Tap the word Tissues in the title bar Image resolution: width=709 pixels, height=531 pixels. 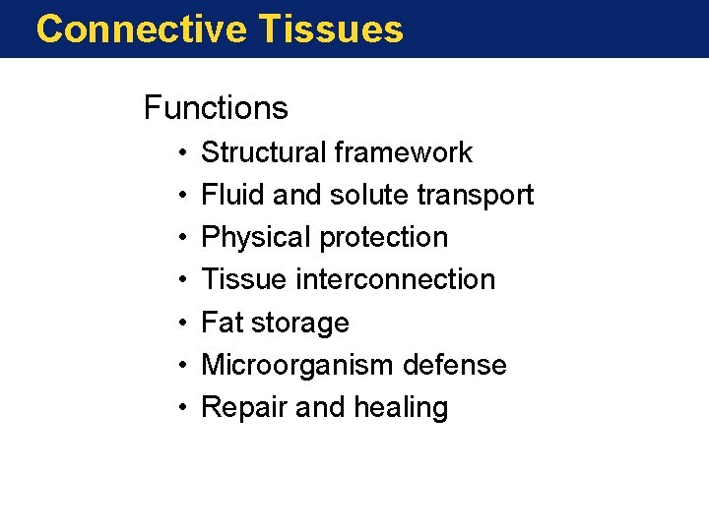(332, 29)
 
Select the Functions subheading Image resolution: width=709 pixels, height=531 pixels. (216, 107)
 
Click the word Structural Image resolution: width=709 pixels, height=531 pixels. (263, 152)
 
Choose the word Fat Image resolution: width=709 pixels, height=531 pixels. (222, 323)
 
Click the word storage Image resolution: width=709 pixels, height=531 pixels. (301, 324)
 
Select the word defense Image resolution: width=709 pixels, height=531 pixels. (454, 365)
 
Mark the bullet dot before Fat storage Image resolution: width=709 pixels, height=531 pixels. (183, 324)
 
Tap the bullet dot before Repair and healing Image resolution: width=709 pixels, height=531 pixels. (183, 408)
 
